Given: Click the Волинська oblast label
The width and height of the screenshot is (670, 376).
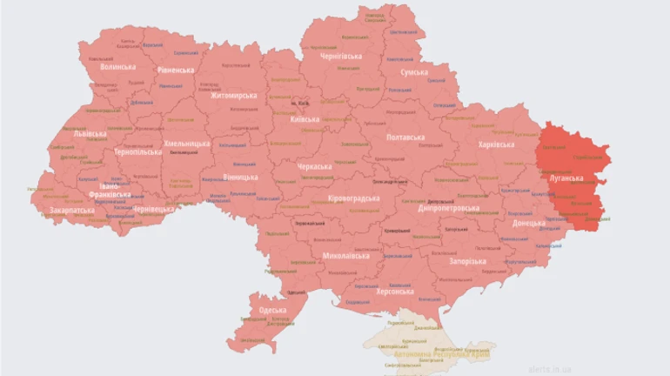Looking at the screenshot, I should (x=118, y=66).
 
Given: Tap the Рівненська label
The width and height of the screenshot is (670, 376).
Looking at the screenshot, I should (x=177, y=70).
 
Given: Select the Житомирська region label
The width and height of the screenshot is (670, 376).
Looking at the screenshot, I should (x=234, y=96).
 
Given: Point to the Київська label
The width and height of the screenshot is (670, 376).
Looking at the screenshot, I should (x=305, y=119).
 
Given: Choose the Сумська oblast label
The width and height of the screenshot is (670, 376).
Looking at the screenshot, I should (x=413, y=73).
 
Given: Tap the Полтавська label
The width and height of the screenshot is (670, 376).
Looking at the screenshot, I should (x=405, y=138).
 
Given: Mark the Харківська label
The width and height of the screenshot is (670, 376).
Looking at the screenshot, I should (x=496, y=144).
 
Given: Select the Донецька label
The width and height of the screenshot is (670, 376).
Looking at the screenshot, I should (x=528, y=223).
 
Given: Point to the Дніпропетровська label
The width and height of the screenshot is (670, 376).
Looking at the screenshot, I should (x=448, y=209).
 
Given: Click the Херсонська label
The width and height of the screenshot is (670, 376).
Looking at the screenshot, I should (x=389, y=292).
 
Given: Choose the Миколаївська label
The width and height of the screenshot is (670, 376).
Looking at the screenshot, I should (x=345, y=256).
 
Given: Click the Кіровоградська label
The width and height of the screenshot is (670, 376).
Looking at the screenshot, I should (x=353, y=198).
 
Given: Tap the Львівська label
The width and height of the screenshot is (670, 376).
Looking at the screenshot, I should (x=90, y=134).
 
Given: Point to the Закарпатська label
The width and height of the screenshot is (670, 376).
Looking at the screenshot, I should (x=72, y=211).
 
